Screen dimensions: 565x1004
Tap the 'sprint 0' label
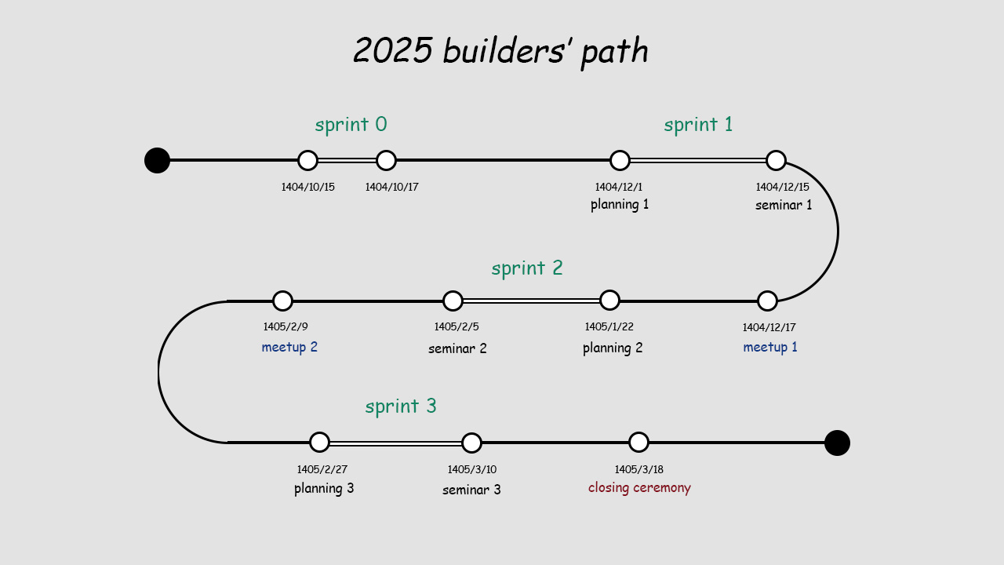click(351, 125)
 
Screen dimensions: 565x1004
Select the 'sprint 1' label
click(698, 125)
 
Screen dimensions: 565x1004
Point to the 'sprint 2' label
click(527, 268)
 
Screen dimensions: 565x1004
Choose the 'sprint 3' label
click(401, 406)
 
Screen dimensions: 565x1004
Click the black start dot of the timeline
click(157, 160)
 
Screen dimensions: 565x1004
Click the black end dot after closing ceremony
click(837, 443)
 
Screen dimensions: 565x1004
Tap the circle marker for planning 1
click(620, 160)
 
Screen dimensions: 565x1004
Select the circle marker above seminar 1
click(776, 160)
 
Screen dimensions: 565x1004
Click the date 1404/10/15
click(308, 187)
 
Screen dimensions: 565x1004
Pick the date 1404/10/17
click(391, 187)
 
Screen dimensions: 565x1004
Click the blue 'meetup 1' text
click(770, 347)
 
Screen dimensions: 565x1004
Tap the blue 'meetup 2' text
click(289, 347)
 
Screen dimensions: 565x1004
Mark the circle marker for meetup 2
click(282, 301)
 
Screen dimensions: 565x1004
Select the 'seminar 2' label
click(457, 348)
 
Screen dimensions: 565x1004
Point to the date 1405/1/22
click(609, 326)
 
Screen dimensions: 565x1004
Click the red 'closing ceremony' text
click(639, 487)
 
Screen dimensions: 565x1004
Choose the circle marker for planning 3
click(319, 442)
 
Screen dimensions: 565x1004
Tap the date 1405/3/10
click(471, 469)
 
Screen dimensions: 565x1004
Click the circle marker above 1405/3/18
click(638, 442)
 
